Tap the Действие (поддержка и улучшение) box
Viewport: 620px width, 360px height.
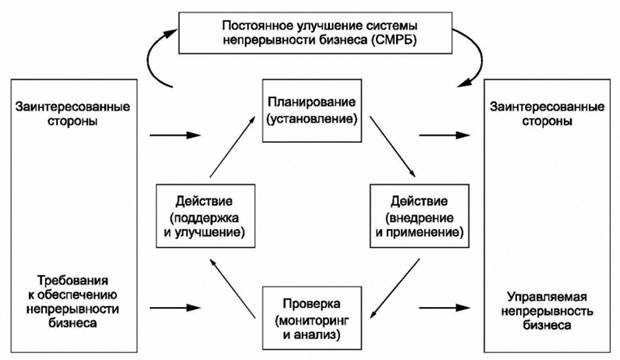(x=202, y=211)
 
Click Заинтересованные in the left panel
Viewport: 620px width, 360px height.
(x=66, y=105)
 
